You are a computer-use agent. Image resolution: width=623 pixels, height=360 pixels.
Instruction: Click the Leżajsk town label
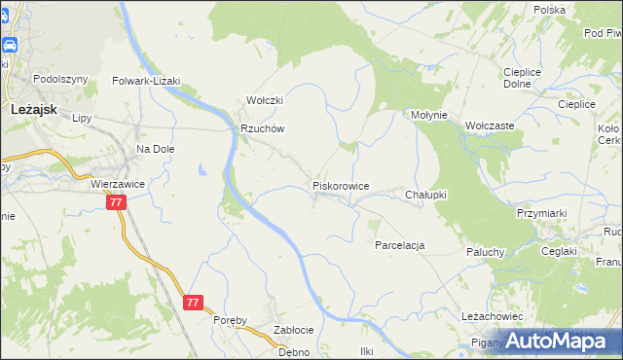click(37, 111)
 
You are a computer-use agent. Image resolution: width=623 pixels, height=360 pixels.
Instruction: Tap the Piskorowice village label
click(340, 185)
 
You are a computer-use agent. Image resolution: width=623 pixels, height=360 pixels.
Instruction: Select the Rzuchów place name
click(262, 128)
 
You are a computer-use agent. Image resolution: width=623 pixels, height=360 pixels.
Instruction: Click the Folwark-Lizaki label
click(146, 81)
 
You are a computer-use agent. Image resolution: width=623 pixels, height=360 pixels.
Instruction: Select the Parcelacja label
click(399, 245)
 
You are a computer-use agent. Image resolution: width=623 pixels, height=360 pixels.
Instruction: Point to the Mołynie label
click(428, 115)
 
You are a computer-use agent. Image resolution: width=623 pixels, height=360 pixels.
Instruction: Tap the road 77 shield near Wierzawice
click(116, 202)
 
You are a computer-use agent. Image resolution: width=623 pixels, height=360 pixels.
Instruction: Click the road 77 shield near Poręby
click(193, 303)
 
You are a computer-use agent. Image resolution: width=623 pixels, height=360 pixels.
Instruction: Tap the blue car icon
click(9, 46)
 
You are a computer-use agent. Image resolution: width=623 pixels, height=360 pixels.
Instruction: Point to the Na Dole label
click(155, 149)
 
